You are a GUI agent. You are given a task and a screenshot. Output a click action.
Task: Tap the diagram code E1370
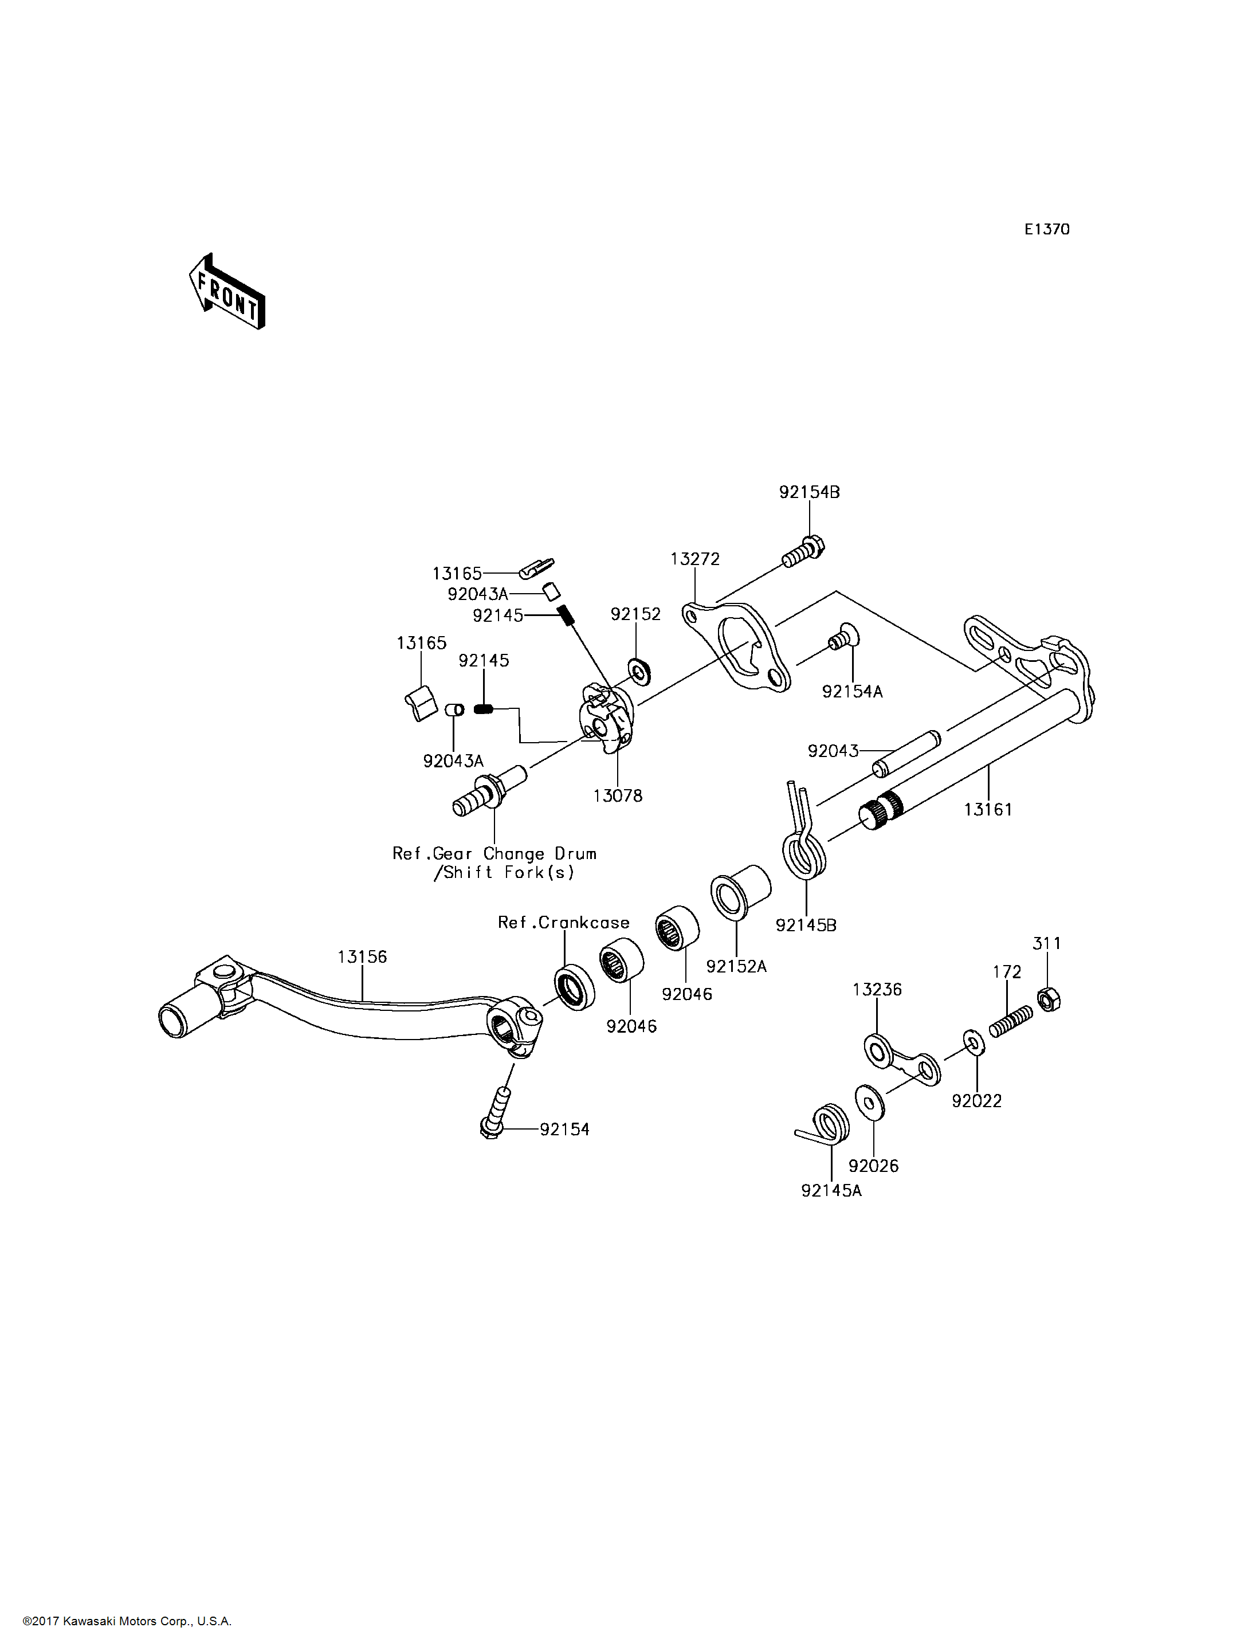pyautogui.click(x=1047, y=230)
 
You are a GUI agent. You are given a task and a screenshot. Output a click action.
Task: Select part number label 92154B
pyautogui.click(x=809, y=492)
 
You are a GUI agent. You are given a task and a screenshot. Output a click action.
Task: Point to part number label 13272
pyautogui.click(x=694, y=559)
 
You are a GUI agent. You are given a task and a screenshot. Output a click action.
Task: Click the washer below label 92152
pyautogui.click(x=639, y=672)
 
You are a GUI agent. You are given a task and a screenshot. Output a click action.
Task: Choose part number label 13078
pyautogui.click(x=618, y=795)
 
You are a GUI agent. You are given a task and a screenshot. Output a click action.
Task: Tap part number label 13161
pyautogui.click(x=988, y=809)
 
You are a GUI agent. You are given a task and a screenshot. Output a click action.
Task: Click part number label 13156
pyautogui.click(x=362, y=956)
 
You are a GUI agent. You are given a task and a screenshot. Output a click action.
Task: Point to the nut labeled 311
pyautogui.click(x=1050, y=999)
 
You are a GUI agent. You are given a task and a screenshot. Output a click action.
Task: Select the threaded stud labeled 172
pyautogui.click(x=1011, y=1022)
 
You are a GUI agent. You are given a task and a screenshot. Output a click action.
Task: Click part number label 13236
pyautogui.click(x=877, y=989)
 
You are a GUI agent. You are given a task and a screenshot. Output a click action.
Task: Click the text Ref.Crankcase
pyautogui.click(x=564, y=922)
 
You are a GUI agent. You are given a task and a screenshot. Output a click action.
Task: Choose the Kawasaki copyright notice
pyautogui.click(x=127, y=1621)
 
